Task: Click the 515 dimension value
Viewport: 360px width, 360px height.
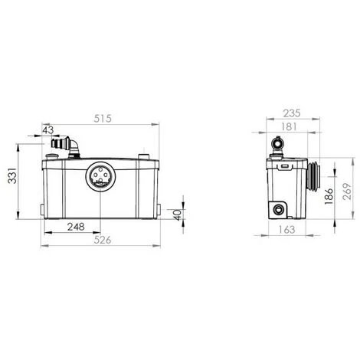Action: coord(103,119)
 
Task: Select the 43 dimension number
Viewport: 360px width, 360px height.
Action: coord(48,130)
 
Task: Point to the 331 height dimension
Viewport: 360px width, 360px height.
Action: coord(12,175)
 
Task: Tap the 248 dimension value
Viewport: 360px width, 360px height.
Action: coord(76,227)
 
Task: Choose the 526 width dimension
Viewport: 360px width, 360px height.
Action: coord(103,240)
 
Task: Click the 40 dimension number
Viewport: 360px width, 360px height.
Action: coord(178,215)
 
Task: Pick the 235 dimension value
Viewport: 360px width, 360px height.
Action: coord(292,113)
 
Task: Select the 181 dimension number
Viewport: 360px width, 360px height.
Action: coord(289,126)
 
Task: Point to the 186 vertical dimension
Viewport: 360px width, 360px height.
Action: coord(329,196)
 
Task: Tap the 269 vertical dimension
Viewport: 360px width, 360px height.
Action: coord(347,191)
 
